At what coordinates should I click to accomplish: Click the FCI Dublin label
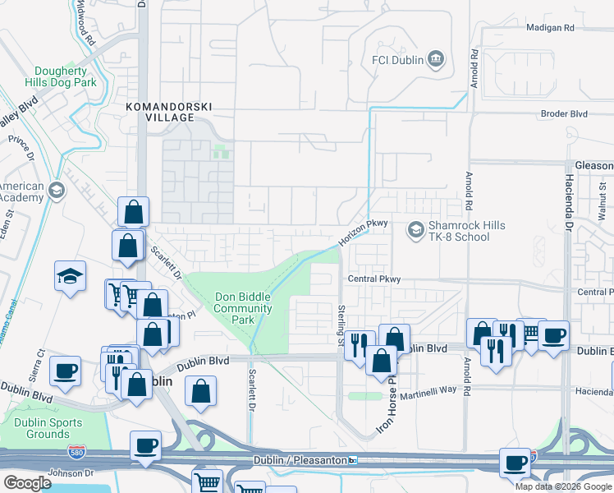[397, 59]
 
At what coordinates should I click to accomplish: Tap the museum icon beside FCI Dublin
[436, 59]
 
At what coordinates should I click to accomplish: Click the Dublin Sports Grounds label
[36, 427]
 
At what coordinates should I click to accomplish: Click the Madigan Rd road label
[550, 28]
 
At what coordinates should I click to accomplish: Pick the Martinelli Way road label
[424, 389]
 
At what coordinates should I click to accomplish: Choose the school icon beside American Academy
[57, 191]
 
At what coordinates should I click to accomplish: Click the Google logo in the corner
[27, 483]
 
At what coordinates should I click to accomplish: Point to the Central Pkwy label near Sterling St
[373, 279]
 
